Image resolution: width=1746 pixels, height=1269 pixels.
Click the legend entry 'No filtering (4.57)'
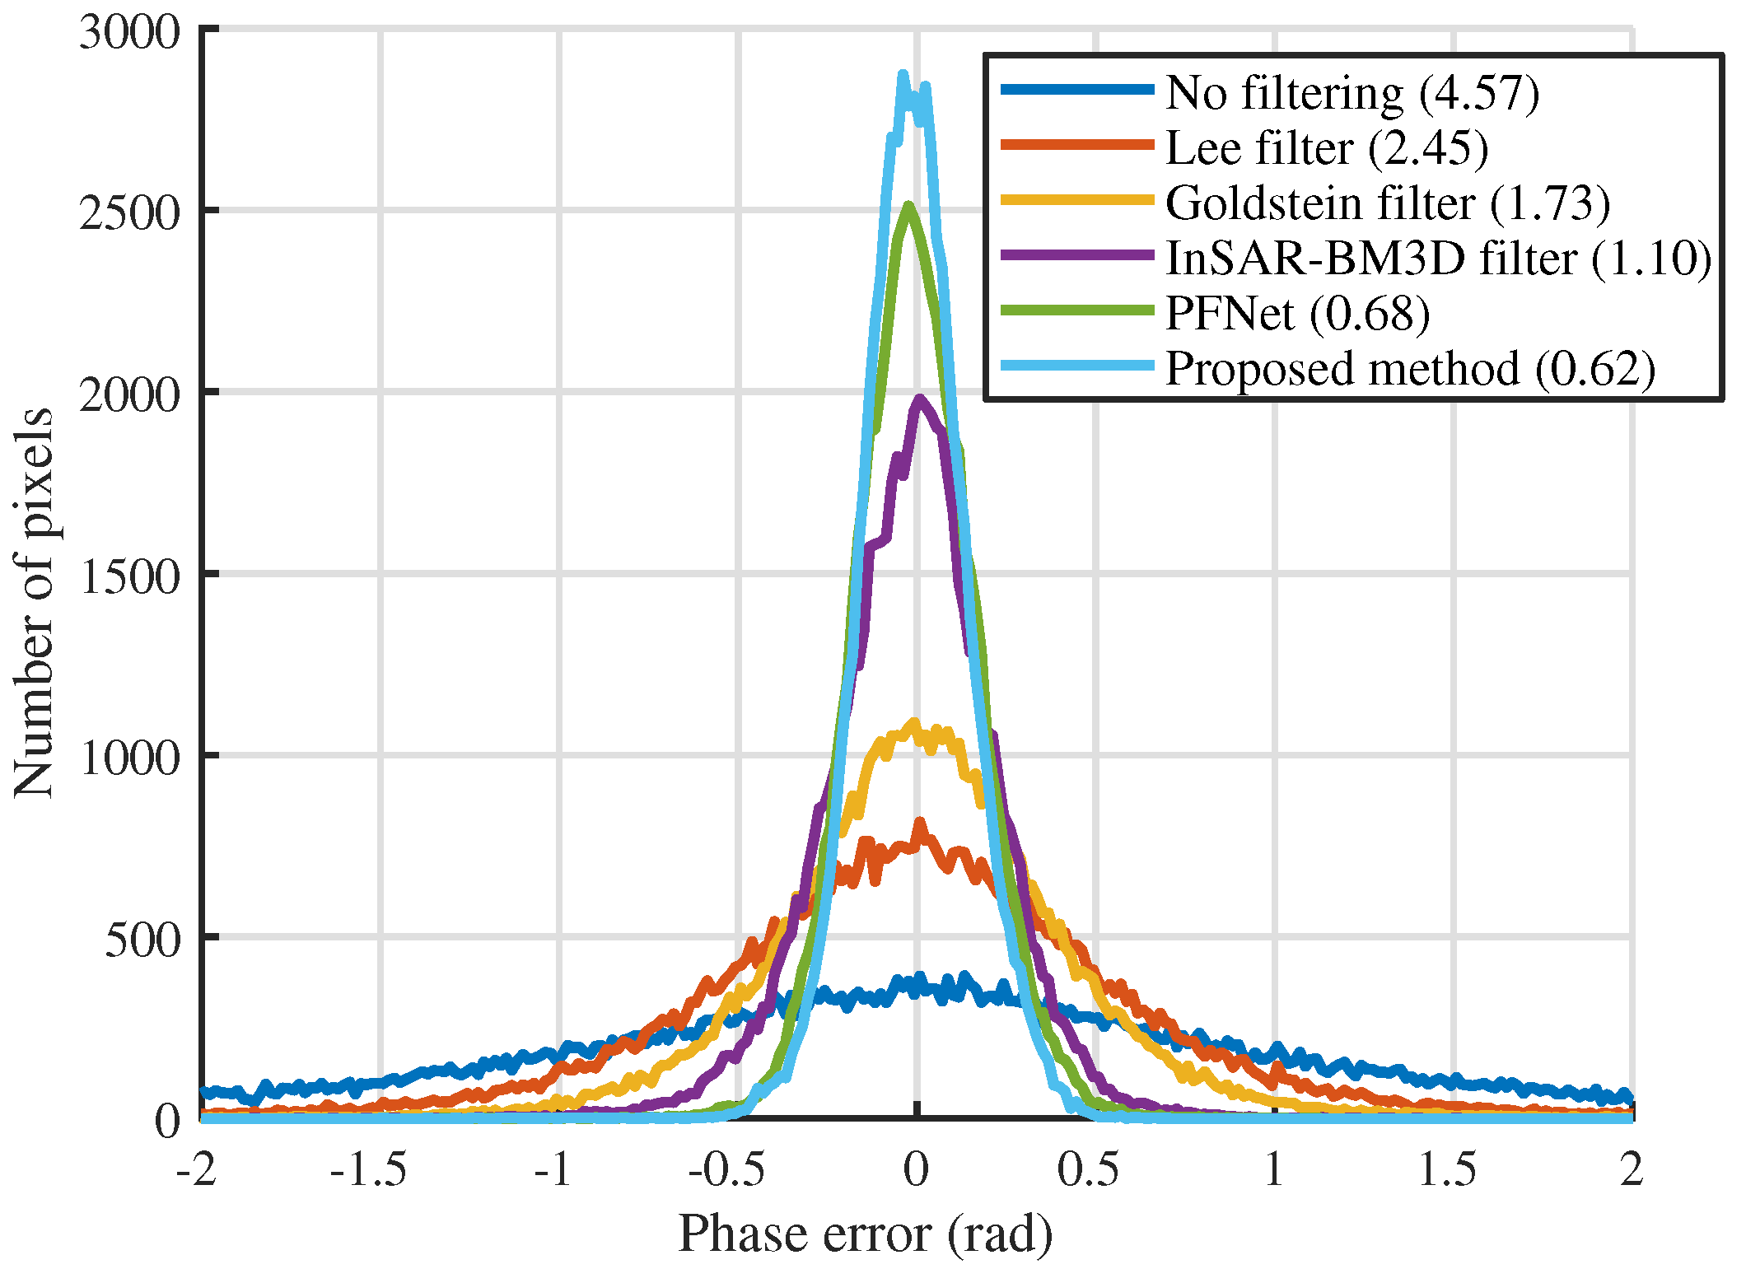coord(1352,92)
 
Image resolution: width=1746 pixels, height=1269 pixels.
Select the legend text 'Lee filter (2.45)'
coord(1326,148)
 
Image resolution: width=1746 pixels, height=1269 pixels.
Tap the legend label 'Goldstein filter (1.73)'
coord(1387,203)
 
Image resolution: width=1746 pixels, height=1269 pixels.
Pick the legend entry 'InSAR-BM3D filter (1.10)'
coord(1438,259)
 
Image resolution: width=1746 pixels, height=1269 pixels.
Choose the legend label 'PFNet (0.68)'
coord(1297,314)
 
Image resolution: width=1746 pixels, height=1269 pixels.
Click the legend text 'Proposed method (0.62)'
coord(1409,369)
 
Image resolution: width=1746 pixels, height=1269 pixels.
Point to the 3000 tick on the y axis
coord(129,34)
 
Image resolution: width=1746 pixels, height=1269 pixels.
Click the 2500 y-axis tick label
coord(129,213)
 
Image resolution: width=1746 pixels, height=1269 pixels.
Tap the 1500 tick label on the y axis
coord(129,576)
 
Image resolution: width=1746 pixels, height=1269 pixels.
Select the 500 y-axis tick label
coord(142,940)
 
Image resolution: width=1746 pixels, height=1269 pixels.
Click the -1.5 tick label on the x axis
coord(368,1169)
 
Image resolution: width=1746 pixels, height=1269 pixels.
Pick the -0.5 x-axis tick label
coord(726,1169)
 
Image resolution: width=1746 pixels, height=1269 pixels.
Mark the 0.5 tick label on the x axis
coord(1089,1169)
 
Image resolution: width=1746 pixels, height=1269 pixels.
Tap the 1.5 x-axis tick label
coord(1447,1169)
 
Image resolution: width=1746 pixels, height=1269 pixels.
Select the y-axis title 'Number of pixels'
coord(35,603)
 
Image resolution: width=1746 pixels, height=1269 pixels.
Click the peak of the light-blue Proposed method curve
coord(903,75)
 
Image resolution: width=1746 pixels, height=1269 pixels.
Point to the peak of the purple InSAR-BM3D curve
coord(920,399)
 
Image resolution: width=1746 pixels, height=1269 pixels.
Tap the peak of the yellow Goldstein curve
coord(913,723)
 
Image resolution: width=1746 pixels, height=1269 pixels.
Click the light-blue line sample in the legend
coord(1076,365)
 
